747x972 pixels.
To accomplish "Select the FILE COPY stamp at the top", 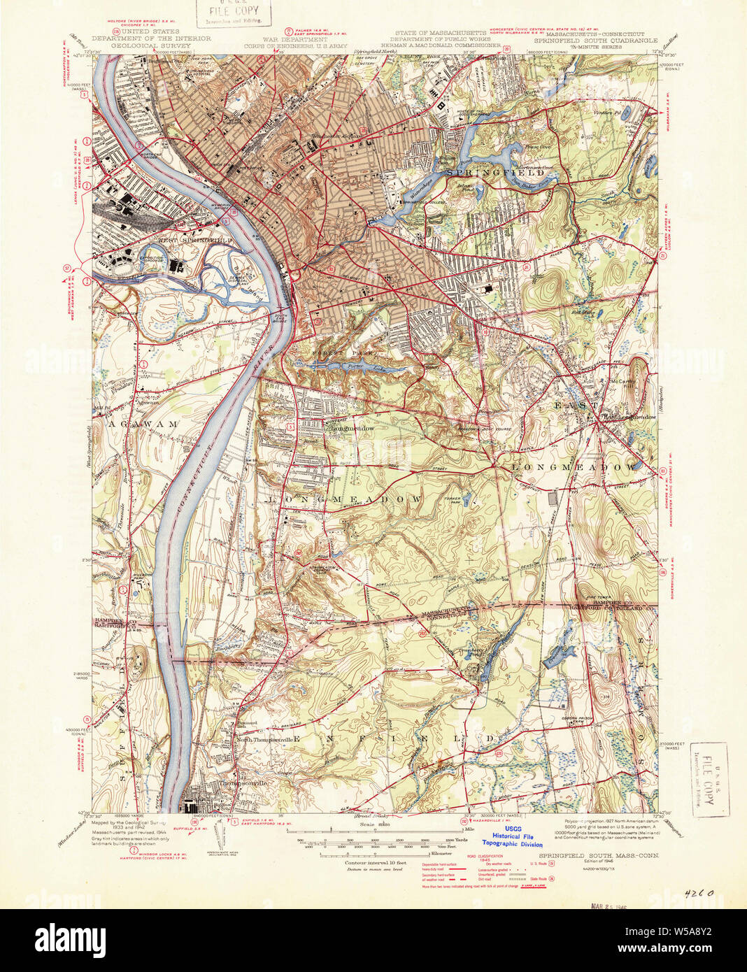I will (228, 12).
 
